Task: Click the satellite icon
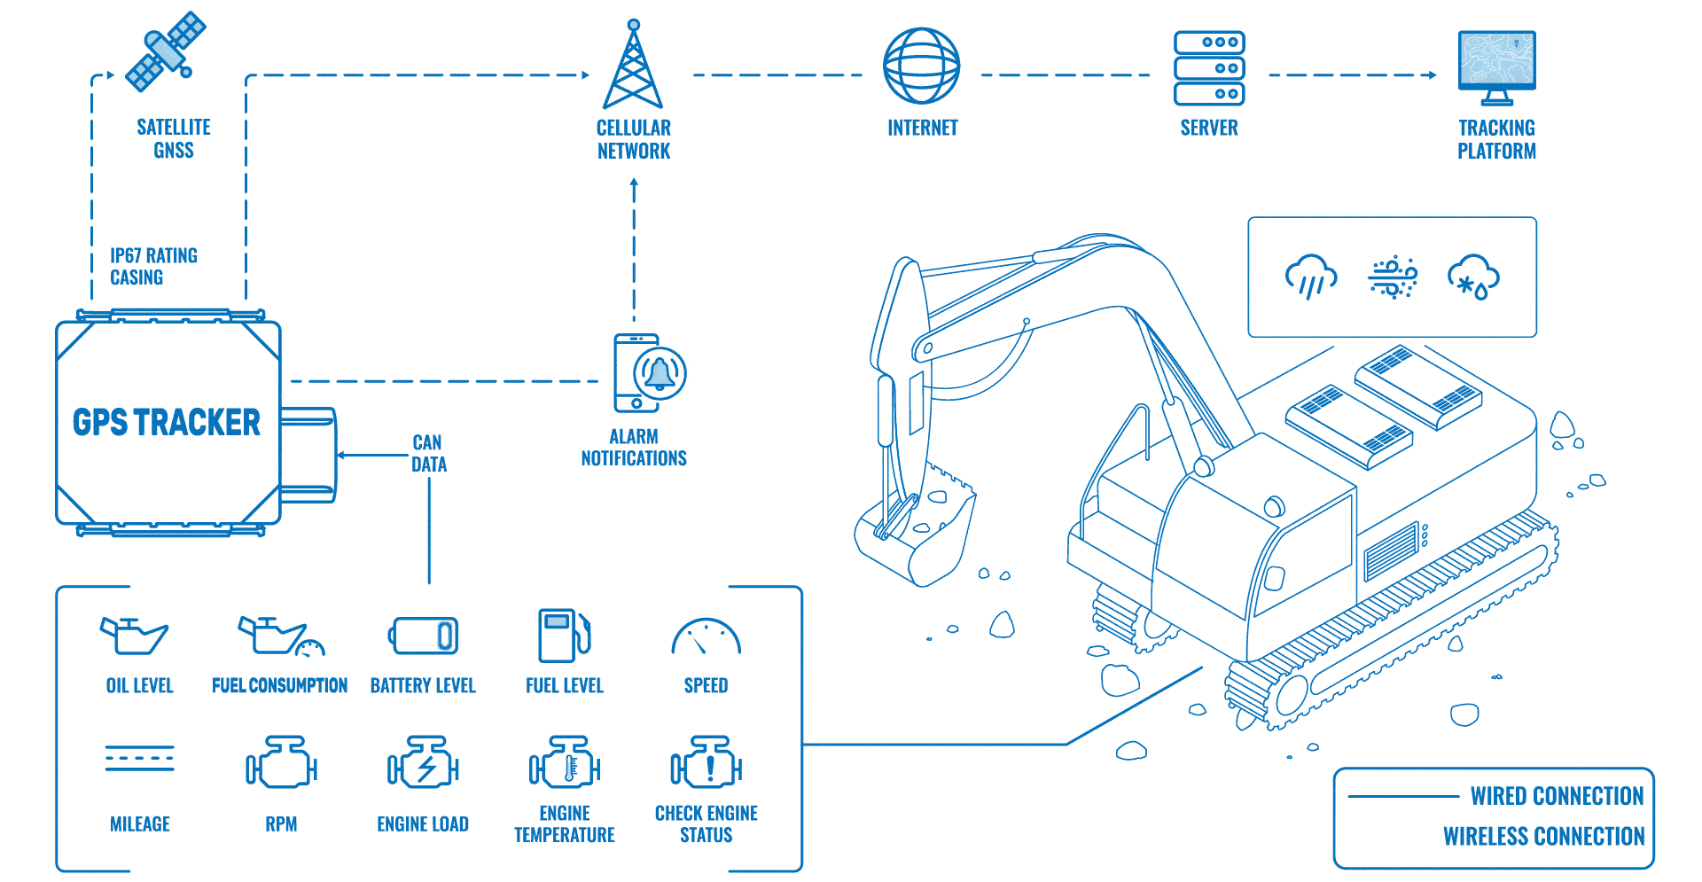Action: click(x=166, y=51)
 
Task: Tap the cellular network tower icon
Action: click(x=633, y=66)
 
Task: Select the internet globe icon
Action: click(x=922, y=66)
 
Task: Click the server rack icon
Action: click(x=1209, y=68)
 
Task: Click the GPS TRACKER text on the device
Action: click(x=167, y=423)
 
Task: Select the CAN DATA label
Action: click(x=429, y=453)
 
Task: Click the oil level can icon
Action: click(x=134, y=636)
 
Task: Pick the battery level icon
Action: click(x=424, y=636)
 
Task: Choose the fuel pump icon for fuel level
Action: click(x=564, y=635)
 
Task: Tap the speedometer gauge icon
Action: click(x=706, y=636)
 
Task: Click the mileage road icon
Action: click(x=139, y=759)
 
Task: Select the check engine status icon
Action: click(x=707, y=762)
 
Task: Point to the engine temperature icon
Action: click(x=565, y=762)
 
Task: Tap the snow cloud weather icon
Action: click(x=1472, y=277)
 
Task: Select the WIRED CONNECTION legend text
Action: click(x=1557, y=796)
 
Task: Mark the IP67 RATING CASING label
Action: click(x=153, y=266)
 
